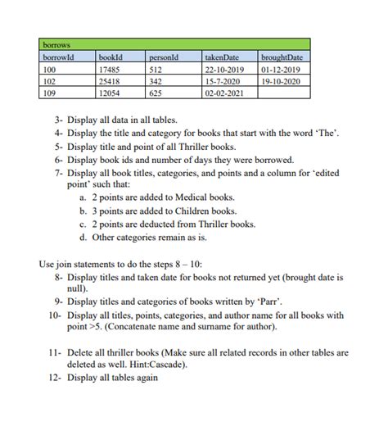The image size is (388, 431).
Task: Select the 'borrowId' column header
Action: (x=58, y=57)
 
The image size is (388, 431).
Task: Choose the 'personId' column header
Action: (x=165, y=57)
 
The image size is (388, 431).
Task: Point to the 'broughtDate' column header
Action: (x=282, y=57)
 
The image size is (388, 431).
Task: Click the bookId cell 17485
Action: (x=110, y=70)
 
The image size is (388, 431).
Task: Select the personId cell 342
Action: (x=157, y=82)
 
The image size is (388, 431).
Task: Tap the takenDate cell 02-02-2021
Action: (x=223, y=94)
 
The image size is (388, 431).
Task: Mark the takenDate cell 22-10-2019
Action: (x=223, y=70)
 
